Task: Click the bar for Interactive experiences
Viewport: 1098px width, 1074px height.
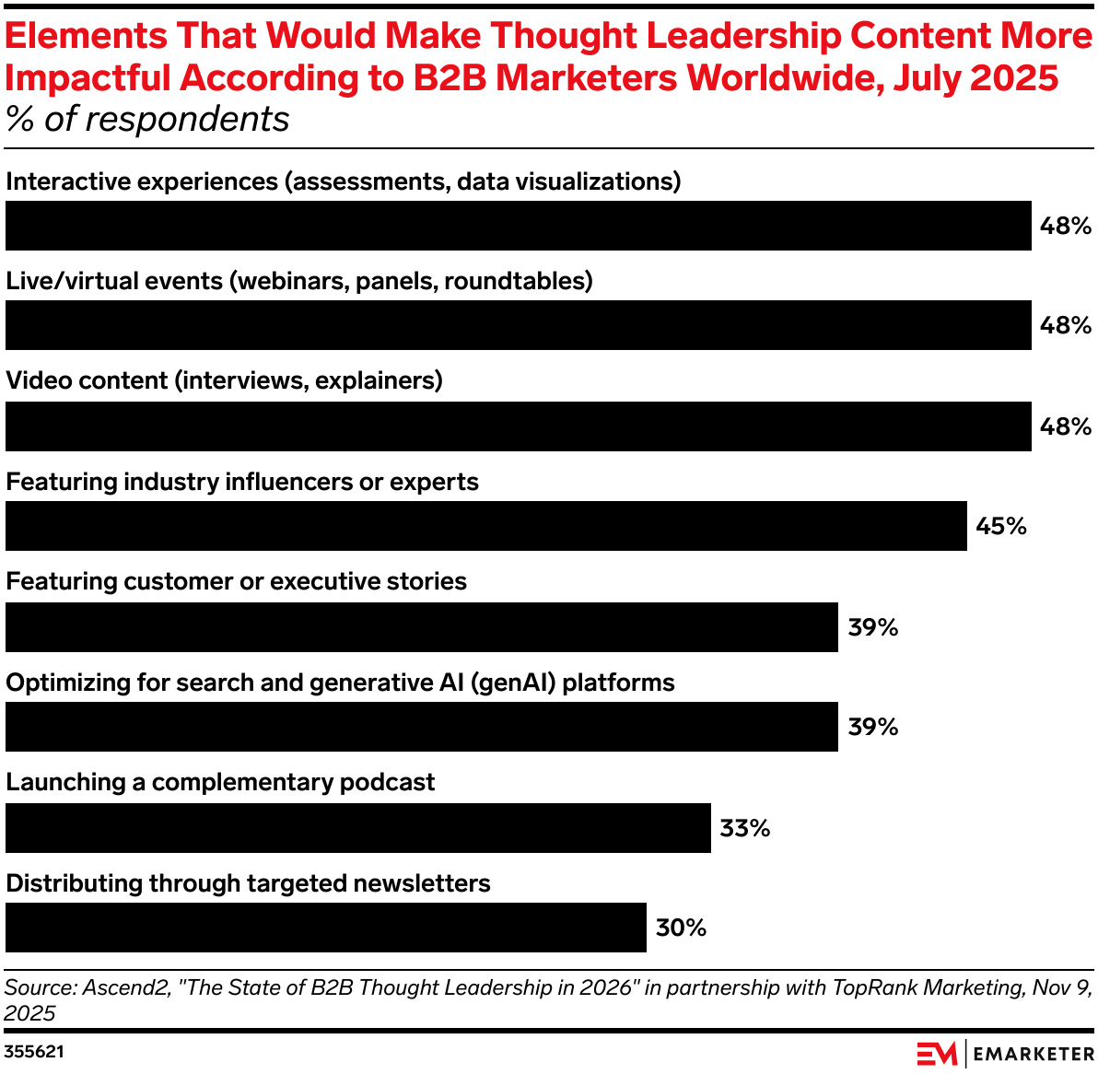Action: point(518,226)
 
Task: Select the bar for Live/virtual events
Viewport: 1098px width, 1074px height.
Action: point(518,325)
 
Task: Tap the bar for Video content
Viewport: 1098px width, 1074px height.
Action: point(518,426)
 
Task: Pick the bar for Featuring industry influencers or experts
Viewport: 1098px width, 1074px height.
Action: point(485,526)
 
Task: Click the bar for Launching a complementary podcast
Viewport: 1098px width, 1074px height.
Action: point(357,828)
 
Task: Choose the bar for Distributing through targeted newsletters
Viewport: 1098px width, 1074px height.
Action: point(325,928)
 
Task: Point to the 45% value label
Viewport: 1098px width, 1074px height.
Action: point(1000,526)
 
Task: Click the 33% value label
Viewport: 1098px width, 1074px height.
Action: point(744,828)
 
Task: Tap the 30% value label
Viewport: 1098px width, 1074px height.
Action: point(681,928)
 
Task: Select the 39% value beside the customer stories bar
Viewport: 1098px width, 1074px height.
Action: point(872,627)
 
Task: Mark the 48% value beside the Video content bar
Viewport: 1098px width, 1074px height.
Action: point(1065,426)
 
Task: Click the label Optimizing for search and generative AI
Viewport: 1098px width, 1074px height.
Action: point(340,683)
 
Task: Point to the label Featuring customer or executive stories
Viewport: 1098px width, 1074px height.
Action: point(236,581)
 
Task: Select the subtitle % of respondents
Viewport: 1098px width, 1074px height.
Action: point(147,120)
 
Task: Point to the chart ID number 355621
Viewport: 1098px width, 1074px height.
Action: point(34,1051)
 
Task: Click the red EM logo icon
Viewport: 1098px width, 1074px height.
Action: point(936,1053)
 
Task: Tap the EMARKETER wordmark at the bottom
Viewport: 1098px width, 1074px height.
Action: point(1033,1053)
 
